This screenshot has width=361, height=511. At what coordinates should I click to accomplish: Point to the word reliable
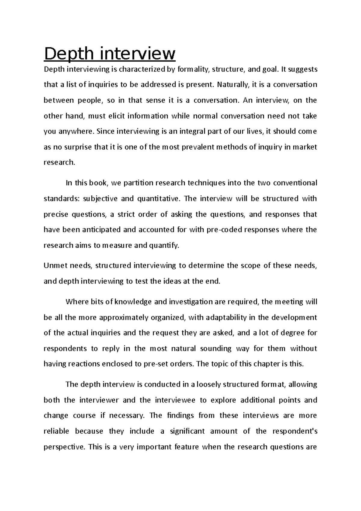[x=56, y=431]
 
